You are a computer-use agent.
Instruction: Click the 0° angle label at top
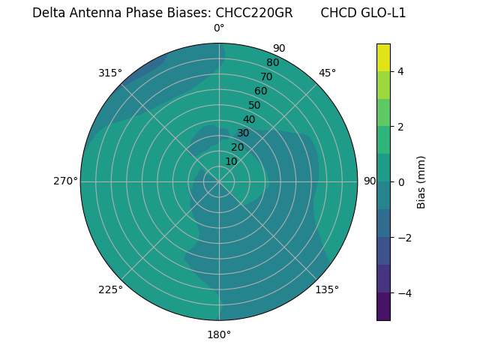[219, 28]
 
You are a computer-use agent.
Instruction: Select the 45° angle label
[327, 73]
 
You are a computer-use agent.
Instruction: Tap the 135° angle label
[327, 289]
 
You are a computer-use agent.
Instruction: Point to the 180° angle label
[219, 334]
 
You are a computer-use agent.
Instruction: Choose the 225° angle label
[110, 289]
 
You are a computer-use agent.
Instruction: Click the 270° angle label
[65, 181]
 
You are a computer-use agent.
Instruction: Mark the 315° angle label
[110, 73]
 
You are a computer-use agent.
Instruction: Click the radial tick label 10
[231, 161]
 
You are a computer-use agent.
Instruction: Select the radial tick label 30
[243, 133]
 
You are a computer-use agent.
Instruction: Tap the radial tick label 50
[254, 106]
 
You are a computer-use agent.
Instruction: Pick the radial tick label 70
[266, 76]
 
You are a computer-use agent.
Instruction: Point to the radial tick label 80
[272, 63]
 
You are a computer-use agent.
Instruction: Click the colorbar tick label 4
[400, 71]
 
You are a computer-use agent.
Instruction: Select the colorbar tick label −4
[401, 292]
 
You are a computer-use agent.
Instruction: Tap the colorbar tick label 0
[400, 182]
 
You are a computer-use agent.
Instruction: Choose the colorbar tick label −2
[401, 238]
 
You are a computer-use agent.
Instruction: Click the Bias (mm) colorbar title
[421, 182]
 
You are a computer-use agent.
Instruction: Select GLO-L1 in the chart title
[385, 13]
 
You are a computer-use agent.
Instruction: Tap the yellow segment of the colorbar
[383, 58]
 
